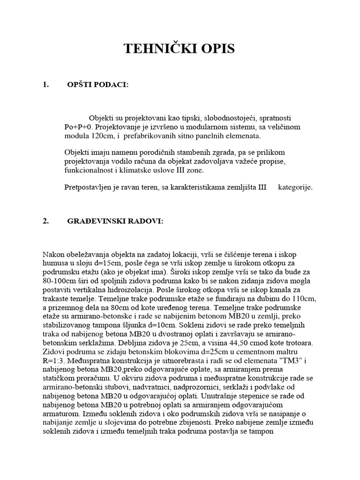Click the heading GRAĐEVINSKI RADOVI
click(x=116, y=222)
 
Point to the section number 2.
click(x=45, y=222)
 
